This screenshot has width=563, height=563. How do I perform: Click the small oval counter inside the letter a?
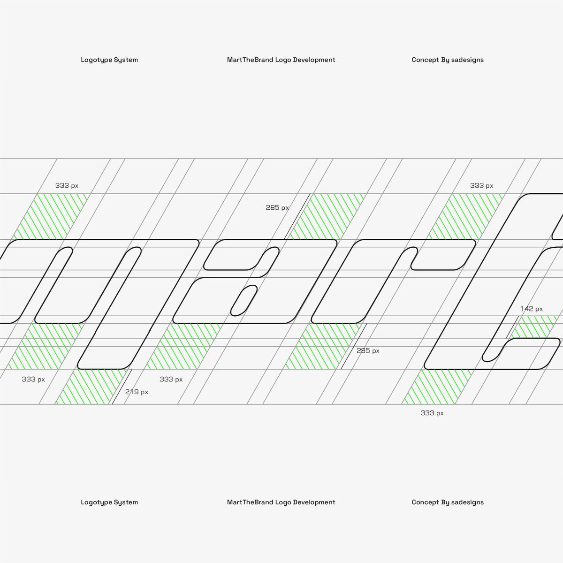(244, 300)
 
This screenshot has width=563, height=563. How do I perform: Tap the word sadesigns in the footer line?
(467, 502)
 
